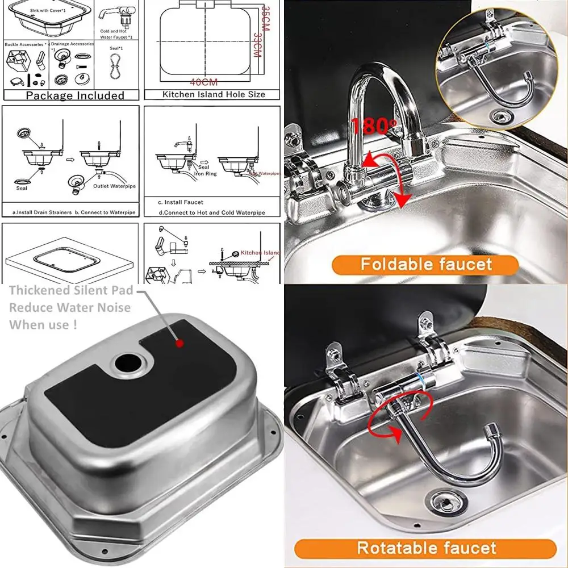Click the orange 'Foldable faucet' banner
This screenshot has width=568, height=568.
pyautogui.click(x=425, y=265)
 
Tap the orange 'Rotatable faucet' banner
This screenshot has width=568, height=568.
pyautogui.click(x=425, y=548)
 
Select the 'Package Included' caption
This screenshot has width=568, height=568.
pyautogui.click(x=74, y=95)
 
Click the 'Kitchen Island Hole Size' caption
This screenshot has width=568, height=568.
pyautogui.click(x=214, y=94)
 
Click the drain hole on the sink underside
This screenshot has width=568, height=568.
pyautogui.click(x=126, y=362)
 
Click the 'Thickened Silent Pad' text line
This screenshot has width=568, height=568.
pyautogui.click(x=71, y=290)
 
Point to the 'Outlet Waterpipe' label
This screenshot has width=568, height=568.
pyautogui.click(x=114, y=186)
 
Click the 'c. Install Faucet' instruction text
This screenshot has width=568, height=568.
pyautogui.click(x=180, y=202)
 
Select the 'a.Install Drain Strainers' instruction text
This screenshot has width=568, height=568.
pyautogui.click(x=42, y=212)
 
